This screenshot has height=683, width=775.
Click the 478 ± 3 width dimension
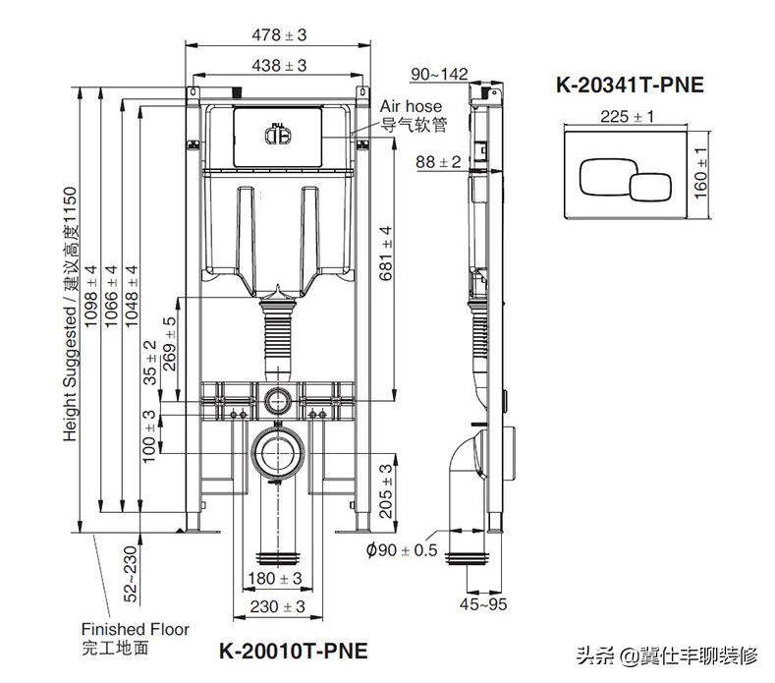[279, 35]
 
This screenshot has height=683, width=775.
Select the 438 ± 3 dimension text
[279, 65]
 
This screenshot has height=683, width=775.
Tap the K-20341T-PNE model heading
[630, 85]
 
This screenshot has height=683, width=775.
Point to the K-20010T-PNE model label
[294, 651]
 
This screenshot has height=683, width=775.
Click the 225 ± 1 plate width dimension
[627, 116]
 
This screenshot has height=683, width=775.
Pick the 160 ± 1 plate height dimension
[700, 173]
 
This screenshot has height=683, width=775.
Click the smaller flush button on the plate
[650, 187]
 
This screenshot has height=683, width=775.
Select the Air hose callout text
[411, 106]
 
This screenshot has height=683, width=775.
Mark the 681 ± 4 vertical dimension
[385, 253]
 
